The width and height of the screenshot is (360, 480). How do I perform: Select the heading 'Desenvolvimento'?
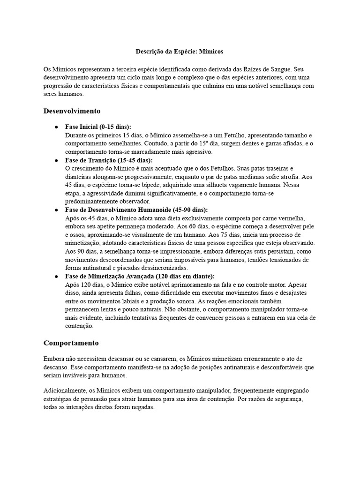coord(72,111)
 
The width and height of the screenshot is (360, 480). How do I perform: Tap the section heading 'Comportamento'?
coord(71,343)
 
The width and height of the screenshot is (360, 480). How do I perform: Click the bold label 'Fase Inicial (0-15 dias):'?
coord(98,127)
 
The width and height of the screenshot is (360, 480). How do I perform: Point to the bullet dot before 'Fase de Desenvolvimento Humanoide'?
coord(56,210)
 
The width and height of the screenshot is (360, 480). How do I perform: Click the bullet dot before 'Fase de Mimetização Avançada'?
coord(56,276)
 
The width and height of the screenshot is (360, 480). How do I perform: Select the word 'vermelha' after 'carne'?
coord(301,218)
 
